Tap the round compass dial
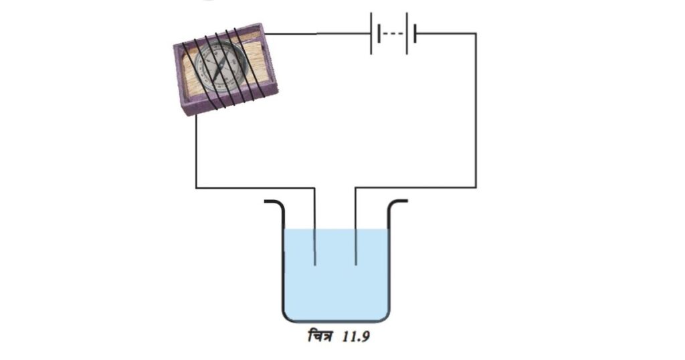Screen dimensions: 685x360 [x=220, y=67]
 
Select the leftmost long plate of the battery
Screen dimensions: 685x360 [x=371, y=33]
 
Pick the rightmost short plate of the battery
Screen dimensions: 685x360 [x=415, y=33]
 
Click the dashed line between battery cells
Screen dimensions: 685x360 [x=393, y=33]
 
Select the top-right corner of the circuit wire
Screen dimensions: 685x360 [x=476, y=33]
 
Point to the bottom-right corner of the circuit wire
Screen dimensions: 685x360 [x=476, y=188]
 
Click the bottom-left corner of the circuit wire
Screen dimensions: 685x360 [x=196, y=188]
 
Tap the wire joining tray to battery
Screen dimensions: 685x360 [x=318, y=33]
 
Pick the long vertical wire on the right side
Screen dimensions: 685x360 [x=476, y=110]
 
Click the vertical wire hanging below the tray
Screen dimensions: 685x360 [x=196, y=151]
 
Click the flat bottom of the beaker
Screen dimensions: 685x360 [x=336, y=321]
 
